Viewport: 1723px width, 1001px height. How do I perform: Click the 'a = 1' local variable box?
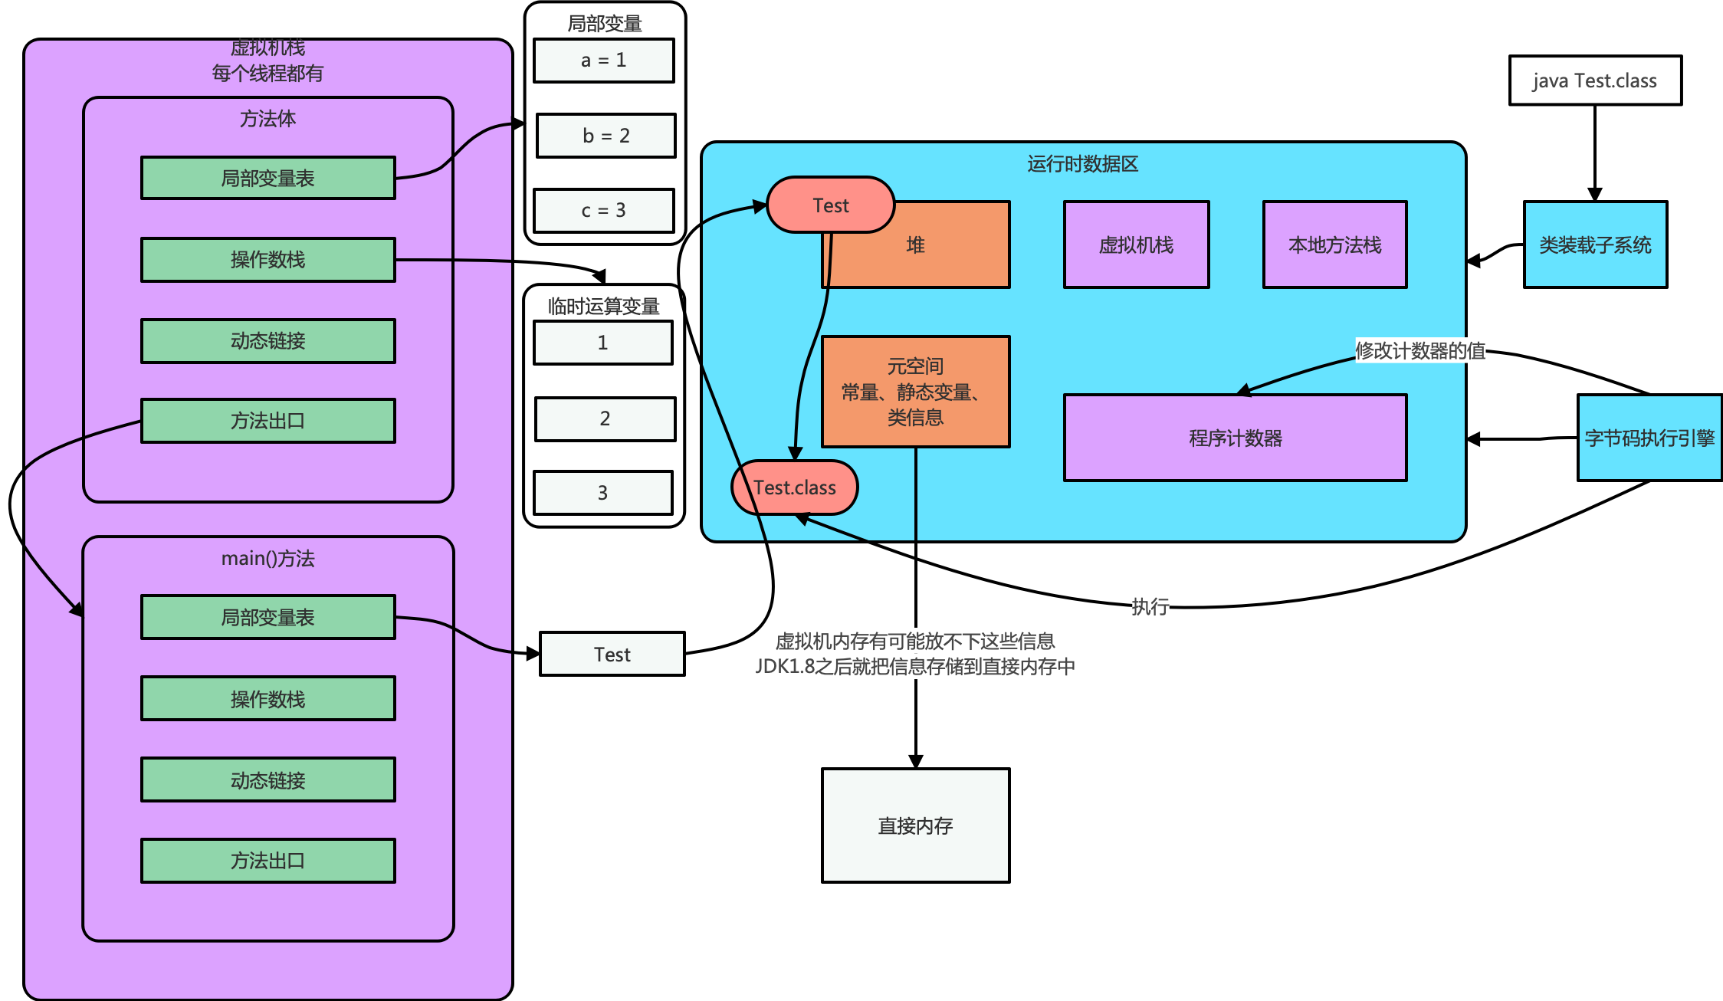[x=603, y=61]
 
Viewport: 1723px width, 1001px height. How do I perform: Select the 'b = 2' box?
[x=606, y=136]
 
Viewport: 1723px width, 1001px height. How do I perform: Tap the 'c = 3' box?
[x=603, y=211]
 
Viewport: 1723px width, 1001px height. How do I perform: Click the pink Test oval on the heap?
[x=830, y=205]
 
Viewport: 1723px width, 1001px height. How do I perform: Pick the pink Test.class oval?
[x=794, y=487]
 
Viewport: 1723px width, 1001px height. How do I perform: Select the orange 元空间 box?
[x=915, y=392]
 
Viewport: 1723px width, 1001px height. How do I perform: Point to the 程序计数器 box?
[x=1235, y=438]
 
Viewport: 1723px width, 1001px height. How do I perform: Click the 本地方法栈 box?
[x=1334, y=245]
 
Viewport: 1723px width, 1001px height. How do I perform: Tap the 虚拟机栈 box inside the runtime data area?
[x=1136, y=245]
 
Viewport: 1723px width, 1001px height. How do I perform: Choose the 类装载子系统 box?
[x=1595, y=245]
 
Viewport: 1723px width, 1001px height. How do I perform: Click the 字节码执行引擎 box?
[x=1649, y=438]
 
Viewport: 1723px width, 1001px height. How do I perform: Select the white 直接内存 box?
[x=915, y=825]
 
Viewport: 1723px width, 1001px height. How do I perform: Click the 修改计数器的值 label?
[x=1420, y=350]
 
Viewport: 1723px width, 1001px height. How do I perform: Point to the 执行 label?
[x=1150, y=606]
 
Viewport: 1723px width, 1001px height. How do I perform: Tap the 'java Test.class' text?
[x=1594, y=81]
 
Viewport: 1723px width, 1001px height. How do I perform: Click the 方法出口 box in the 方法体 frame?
[x=268, y=421]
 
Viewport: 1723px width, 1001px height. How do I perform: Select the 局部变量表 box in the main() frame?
[x=268, y=617]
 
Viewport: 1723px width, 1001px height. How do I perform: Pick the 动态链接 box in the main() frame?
[x=268, y=780]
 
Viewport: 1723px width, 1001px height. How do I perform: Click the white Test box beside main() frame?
[x=612, y=655]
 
